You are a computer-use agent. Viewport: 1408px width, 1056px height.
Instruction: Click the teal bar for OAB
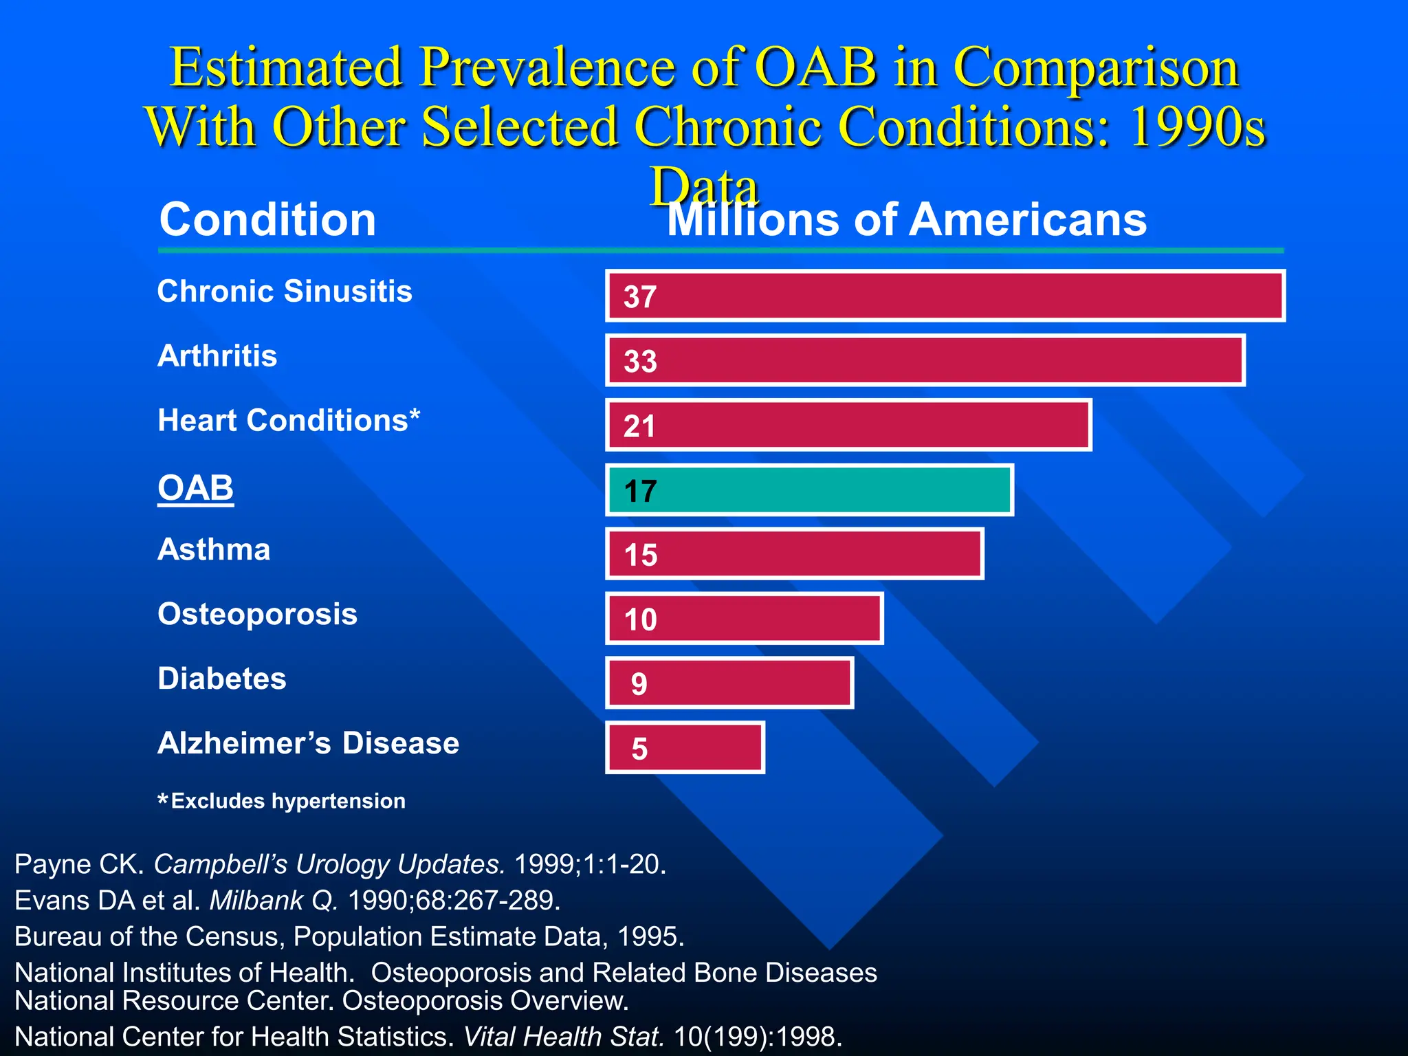809,490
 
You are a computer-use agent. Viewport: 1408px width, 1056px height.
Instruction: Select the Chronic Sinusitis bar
945,296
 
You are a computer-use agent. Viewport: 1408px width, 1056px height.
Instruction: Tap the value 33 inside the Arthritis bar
640,362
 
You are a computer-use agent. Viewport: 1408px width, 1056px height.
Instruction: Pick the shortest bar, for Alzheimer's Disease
685,748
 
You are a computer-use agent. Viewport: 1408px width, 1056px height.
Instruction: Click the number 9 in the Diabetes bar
639,684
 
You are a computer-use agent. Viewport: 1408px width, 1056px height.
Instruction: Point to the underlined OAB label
195,488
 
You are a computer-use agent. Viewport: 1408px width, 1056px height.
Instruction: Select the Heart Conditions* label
289,420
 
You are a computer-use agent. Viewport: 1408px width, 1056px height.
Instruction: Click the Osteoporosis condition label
257,614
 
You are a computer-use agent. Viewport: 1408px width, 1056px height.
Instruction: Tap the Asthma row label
214,549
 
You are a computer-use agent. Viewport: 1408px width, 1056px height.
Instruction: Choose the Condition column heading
267,219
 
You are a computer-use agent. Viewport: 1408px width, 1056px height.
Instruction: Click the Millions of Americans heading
907,221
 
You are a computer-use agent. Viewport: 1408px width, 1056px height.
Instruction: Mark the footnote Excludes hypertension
282,801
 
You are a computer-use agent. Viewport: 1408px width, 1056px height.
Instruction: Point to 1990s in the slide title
1197,128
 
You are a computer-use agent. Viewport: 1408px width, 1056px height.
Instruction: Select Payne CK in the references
78,864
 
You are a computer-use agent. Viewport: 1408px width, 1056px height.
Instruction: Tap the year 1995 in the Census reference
650,937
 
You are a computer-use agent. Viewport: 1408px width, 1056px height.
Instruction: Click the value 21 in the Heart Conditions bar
639,426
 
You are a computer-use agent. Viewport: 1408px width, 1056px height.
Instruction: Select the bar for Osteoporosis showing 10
745,619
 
